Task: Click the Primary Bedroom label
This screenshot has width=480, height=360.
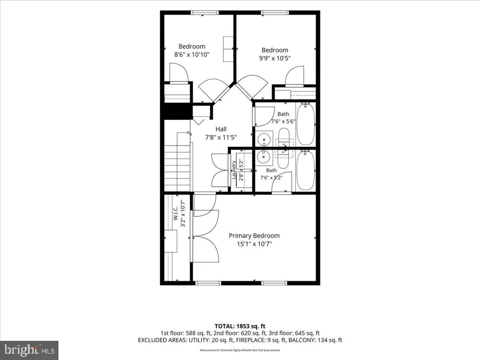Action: [254, 236]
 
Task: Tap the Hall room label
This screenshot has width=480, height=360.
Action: [221, 129]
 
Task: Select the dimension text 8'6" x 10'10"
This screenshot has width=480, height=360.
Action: [192, 55]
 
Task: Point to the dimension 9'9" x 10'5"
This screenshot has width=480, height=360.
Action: [275, 58]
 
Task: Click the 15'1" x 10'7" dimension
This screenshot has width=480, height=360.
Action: [254, 244]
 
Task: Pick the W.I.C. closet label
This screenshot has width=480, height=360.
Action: [175, 213]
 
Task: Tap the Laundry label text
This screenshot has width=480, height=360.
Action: [234, 170]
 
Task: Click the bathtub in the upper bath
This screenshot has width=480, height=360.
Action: [305, 124]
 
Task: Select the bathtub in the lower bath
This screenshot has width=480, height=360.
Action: [305, 170]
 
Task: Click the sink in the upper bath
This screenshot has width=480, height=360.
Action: [264, 140]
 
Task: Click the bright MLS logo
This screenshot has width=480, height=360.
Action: [29, 350]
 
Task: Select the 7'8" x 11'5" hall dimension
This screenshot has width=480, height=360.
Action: [221, 137]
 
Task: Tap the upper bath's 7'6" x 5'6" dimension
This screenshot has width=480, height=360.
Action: [283, 121]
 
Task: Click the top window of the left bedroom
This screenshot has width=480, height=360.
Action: [205, 12]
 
